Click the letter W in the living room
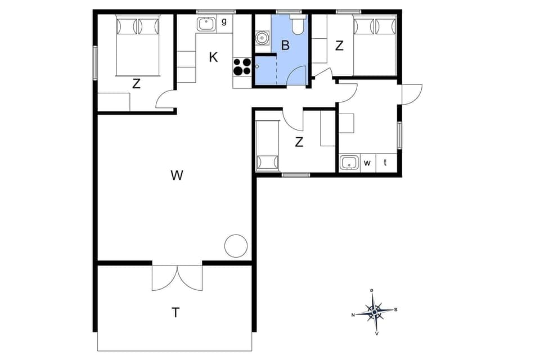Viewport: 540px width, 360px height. click(x=177, y=175)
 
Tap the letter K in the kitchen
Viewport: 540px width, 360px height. click(x=213, y=57)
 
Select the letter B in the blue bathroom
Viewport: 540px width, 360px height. click(x=285, y=46)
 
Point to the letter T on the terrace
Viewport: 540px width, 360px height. click(x=176, y=313)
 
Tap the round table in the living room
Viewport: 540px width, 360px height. click(x=236, y=246)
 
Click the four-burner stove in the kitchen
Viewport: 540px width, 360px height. click(x=242, y=66)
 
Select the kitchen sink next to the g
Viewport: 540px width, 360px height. click(x=206, y=24)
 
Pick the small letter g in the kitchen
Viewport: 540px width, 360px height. click(x=224, y=22)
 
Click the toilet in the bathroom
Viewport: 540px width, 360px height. click(x=298, y=25)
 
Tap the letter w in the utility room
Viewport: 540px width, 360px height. click(x=367, y=163)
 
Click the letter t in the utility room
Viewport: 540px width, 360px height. click(x=386, y=163)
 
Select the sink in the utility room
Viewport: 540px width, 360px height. click(x=349, y=163)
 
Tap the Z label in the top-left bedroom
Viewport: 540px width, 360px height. click(x=136, y=84)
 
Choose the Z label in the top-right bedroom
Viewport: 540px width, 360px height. click(x=339, y=46)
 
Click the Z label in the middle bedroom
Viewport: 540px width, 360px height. click(x=299, y=142)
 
